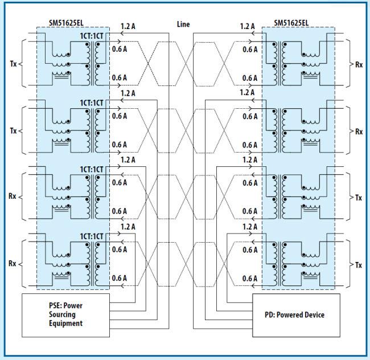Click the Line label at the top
[183, 24]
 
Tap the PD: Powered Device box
[295, 314]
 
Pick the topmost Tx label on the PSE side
[13, 64]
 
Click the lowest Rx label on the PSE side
[13, 264]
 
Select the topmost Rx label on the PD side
[359, 64]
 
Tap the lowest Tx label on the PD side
[359, 265]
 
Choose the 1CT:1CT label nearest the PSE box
[92, 236]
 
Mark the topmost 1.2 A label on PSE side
[128, 26]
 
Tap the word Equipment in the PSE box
[66, 323]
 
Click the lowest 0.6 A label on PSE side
[119, 278]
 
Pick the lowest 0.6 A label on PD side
[250, 278]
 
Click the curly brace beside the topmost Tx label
[21, 64]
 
